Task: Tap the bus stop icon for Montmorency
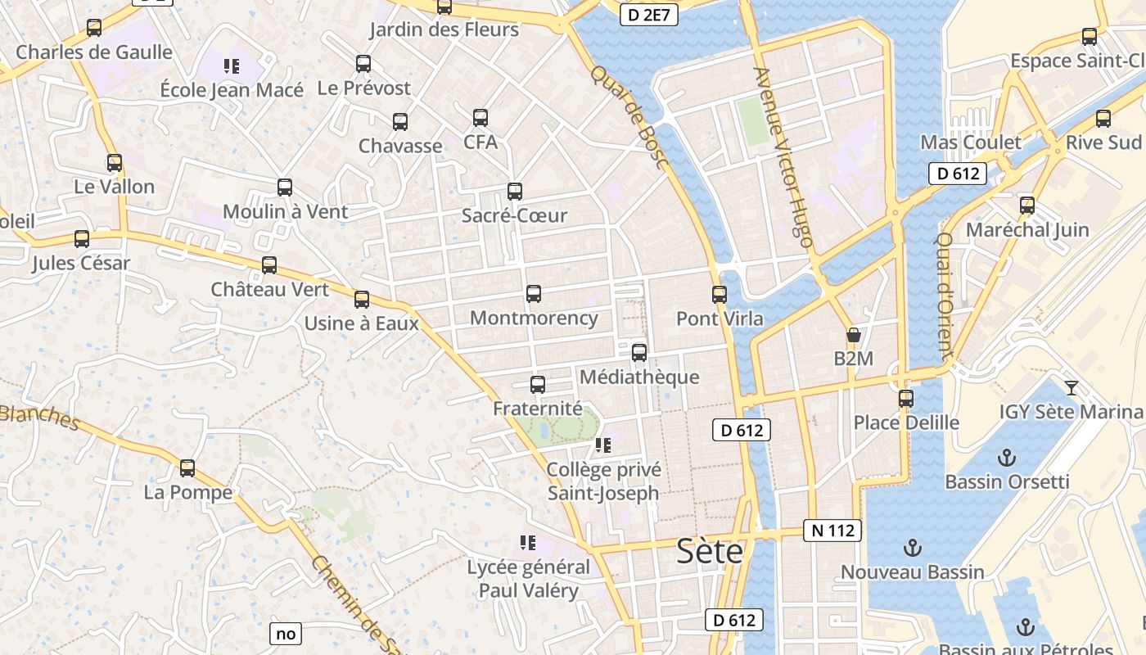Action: point(534,293)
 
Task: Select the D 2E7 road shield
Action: point(649,14)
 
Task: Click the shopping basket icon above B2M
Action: point(853,334)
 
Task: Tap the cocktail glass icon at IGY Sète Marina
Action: point(1071,387)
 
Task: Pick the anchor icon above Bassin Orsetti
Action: point(1007,458)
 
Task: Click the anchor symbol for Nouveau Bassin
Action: point(912,548)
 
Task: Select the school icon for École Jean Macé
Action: point(232,65)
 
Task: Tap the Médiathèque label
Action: point(639,377)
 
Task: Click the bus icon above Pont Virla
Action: point(720,294)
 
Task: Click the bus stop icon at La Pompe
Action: point(187,468)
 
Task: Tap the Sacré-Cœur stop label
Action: point(514,215)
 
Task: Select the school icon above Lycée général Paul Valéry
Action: point(528,542)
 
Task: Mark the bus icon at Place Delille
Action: point(906,399)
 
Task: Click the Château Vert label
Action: point(269,289)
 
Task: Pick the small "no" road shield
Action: point(286,633)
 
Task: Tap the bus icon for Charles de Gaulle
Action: point(94,28)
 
